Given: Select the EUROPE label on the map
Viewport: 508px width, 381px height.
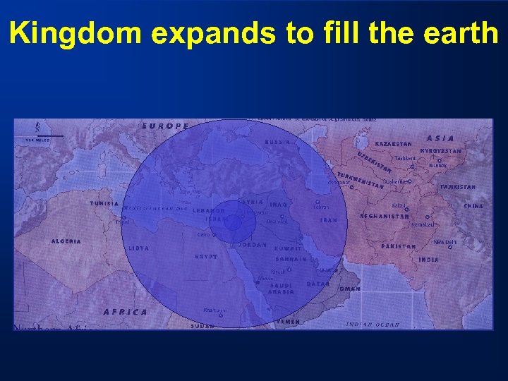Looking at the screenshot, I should (166, 126).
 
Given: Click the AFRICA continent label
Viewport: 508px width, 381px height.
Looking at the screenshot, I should (126, 311).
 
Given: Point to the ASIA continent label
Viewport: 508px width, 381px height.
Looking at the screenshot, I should (441, 138).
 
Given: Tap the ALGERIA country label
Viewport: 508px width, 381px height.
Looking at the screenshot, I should (66, 241).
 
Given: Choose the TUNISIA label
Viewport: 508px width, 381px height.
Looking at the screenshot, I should (104, 204).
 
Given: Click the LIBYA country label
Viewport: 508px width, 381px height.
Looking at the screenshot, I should (139, 248).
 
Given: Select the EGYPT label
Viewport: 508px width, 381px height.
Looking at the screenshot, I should (206, 257).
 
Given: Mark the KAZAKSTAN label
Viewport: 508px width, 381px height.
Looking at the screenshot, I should (393, 144).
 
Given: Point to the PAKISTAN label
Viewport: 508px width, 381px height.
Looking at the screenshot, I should (399, 246).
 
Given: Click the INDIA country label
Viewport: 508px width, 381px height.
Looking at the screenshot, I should (428, 260).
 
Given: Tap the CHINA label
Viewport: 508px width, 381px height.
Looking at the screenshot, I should (473, 206).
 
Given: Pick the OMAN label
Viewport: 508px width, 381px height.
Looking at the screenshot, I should (350, 289).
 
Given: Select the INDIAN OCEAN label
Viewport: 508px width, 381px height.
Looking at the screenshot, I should (373, 324).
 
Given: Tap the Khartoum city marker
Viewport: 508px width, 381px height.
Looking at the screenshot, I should (220, 315).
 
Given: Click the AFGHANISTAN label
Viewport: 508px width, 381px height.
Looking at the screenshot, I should (385, 217).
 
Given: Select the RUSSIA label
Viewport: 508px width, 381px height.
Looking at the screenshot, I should (277, 142).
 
